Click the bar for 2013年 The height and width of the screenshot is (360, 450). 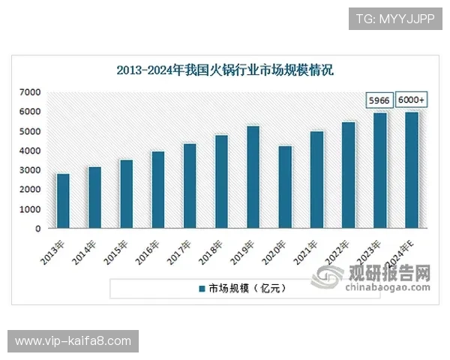(x=63, y=201)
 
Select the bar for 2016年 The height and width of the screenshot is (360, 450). (x=158, y=190)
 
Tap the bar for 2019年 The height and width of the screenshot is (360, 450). (x=253, y=177)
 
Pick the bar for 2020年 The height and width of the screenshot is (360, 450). (x=285, y=187)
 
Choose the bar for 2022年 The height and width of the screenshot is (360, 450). (x=348, y=175)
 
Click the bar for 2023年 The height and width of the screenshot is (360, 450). (x=380, y=170)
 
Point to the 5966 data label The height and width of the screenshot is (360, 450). (x=379, y=100)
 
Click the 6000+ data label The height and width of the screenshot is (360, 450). (x=411, y=100)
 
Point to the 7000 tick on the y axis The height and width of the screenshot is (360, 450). (x=30, y=92)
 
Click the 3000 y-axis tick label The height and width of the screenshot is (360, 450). (x=30, y=170)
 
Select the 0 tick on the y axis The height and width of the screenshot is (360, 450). (x=37, y=229)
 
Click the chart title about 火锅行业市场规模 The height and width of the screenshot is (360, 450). (x=225, y=70)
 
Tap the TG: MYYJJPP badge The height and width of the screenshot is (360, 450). (x=395, y=18)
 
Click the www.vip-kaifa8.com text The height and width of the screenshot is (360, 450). (x=73, y=341)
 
